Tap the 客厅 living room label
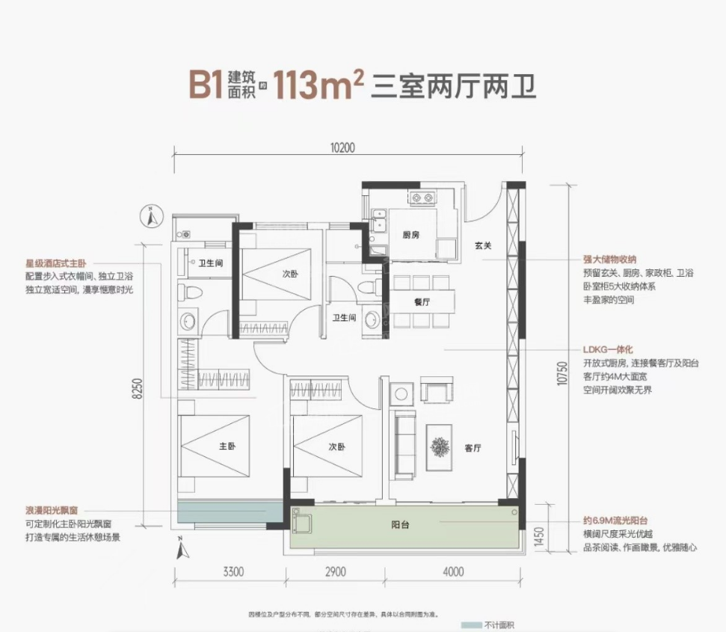(472, 449)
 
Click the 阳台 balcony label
(400, 524)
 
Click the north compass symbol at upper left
(153, 217)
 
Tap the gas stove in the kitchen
(423, 199)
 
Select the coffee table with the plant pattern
(439, 447)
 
